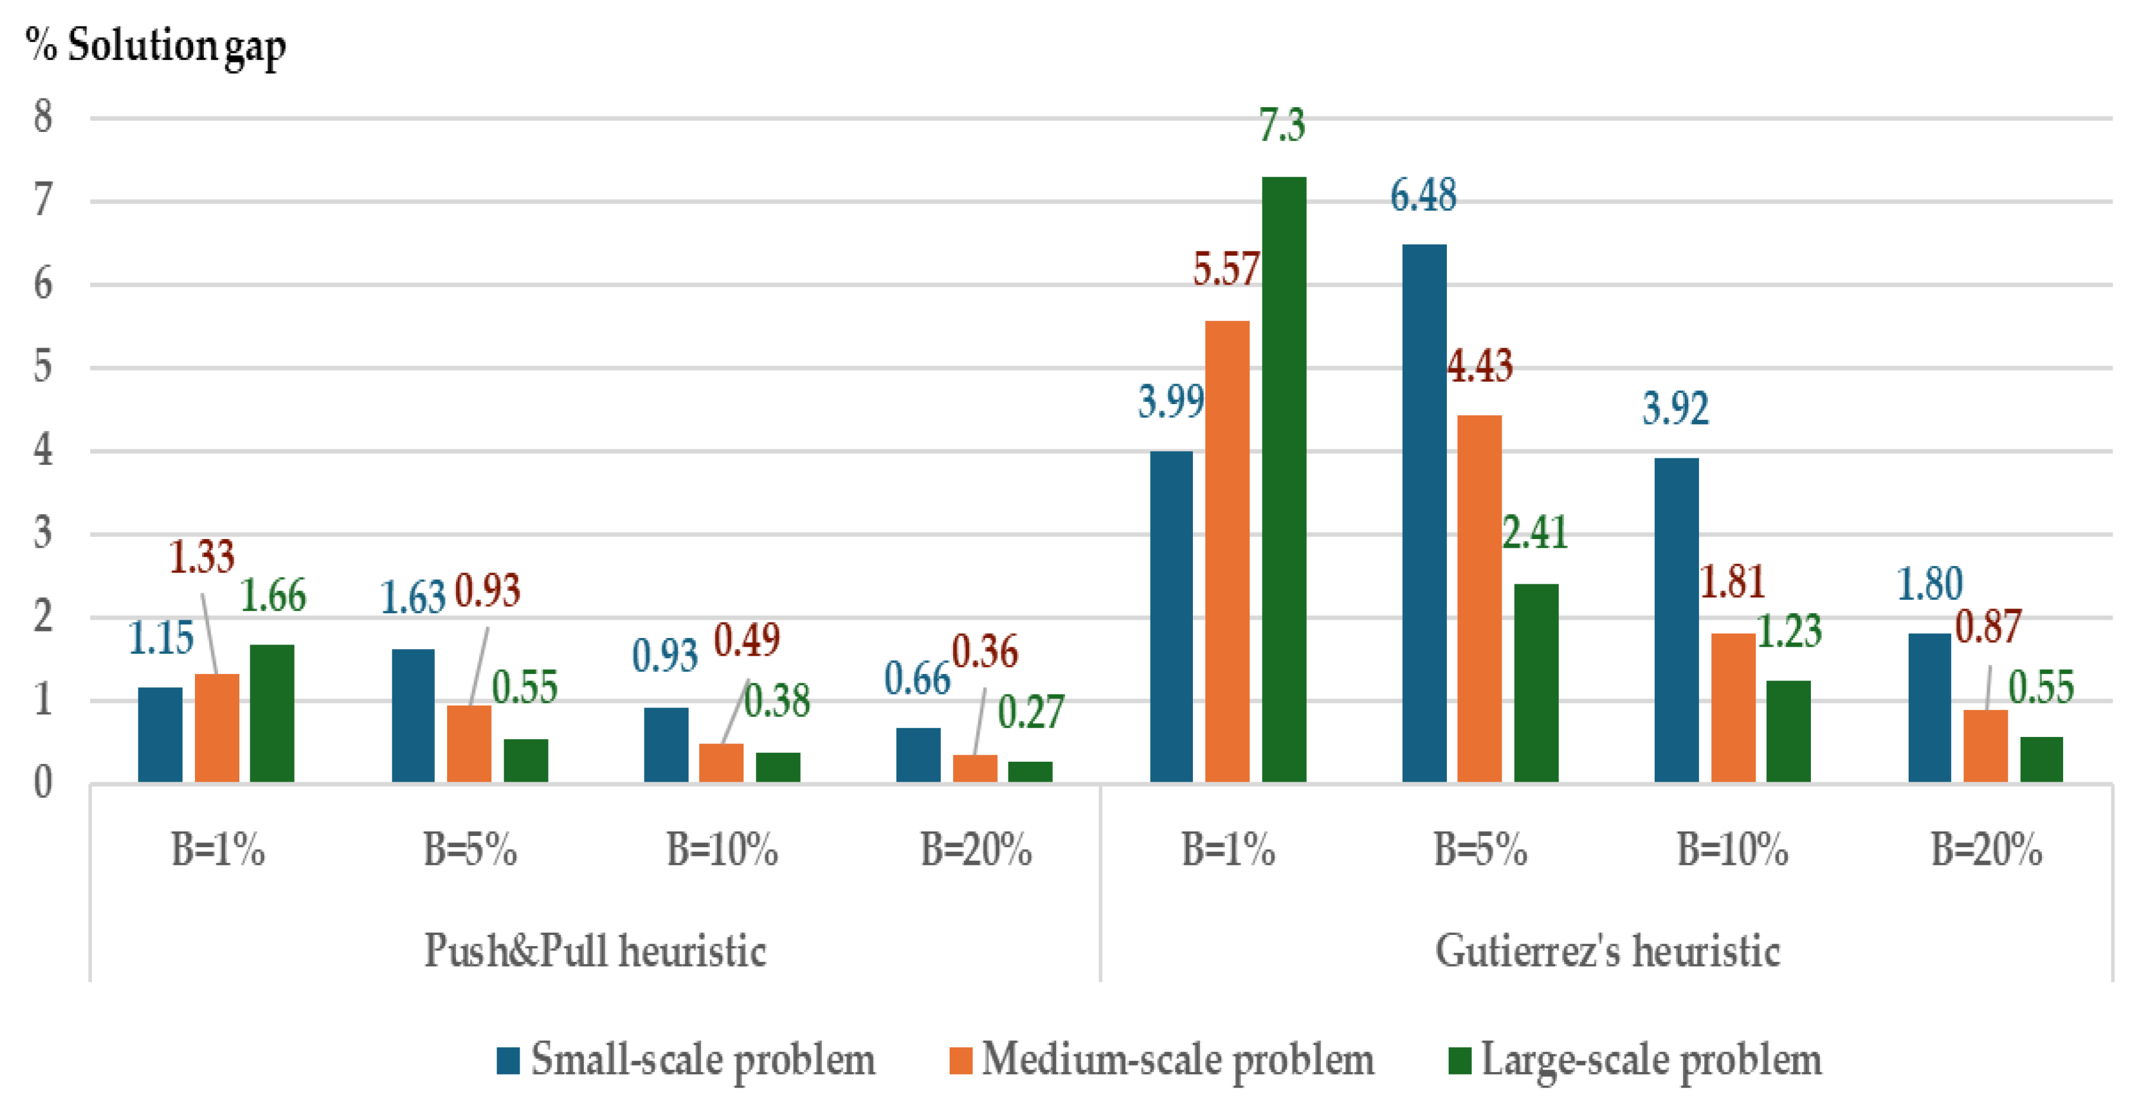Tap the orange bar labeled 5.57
tap(1226, 551)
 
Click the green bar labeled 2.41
tap(1536, 683)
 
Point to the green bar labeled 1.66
tap(272, 713)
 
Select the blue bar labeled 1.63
tap(413, 715)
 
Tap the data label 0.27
tap(1030, 712)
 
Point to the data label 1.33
tap(202, 556)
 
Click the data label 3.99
tap(1171, 402)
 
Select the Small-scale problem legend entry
tap(686, 1060)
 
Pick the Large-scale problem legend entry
tap(1634, 1060)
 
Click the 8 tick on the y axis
tap(43, 117)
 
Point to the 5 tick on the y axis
tap(43, 367)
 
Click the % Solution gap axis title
tap(156, 46)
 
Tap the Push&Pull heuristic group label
tap(594, 951)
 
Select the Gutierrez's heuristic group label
tap(1608, 951)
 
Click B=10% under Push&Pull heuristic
tap(722, 850)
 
